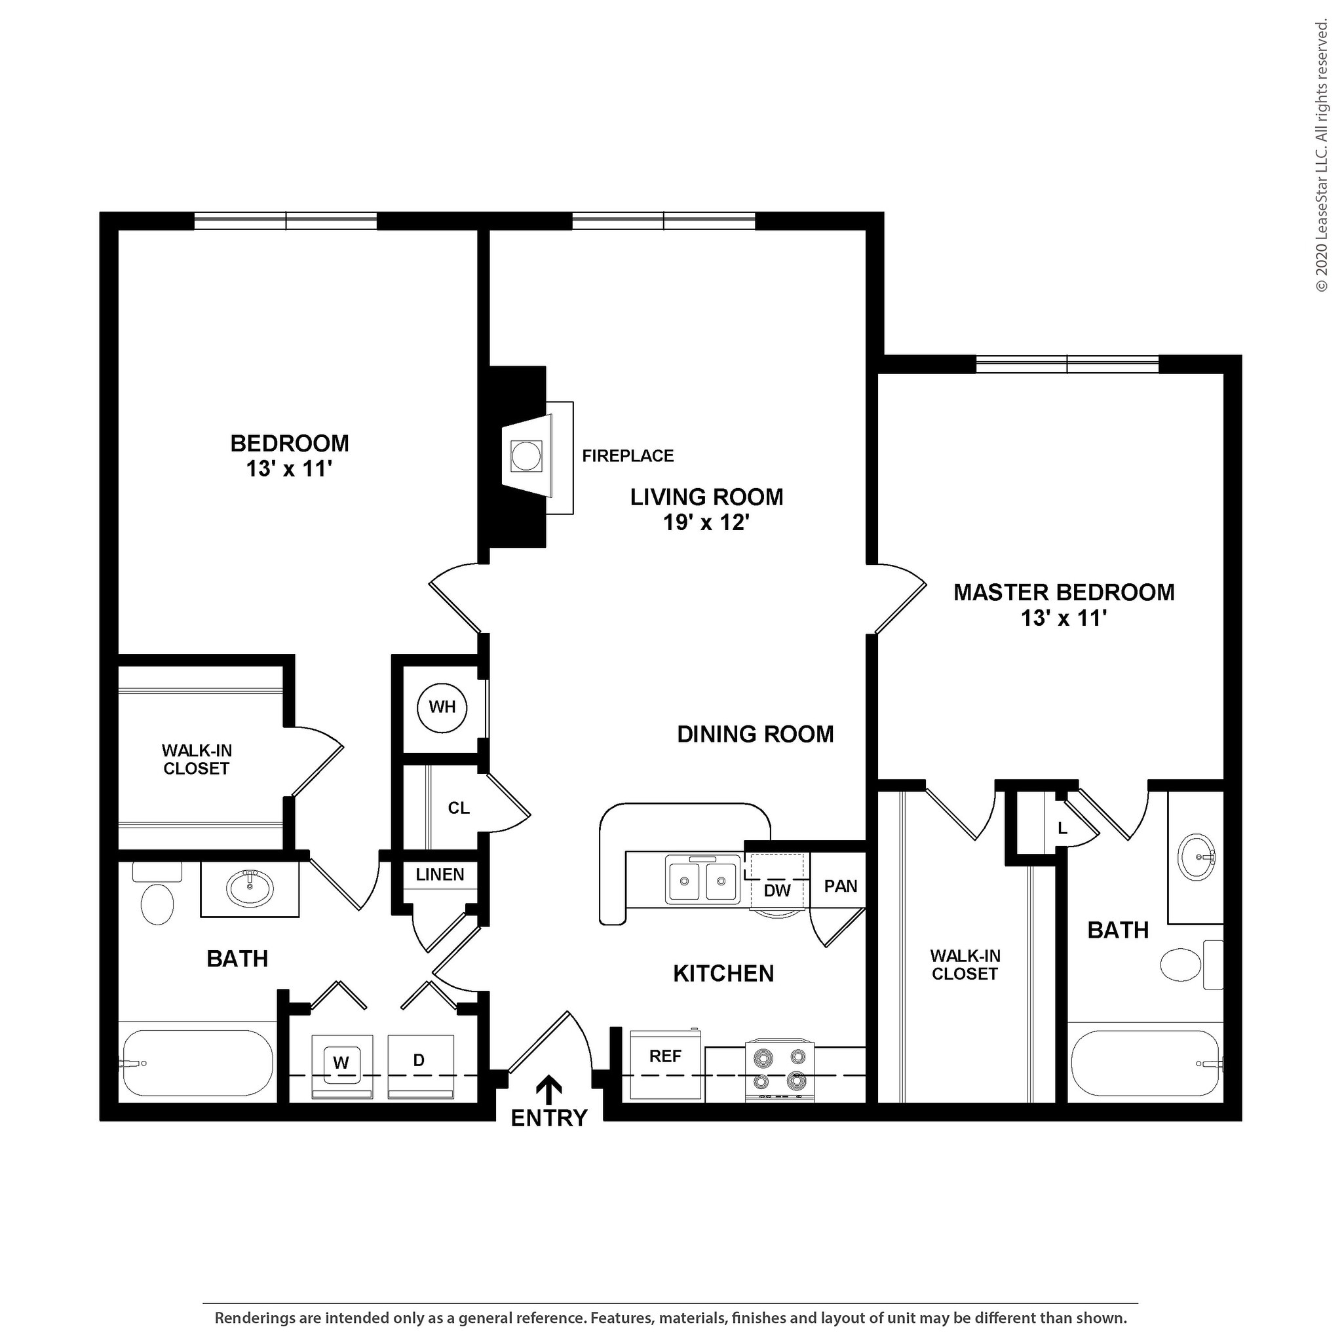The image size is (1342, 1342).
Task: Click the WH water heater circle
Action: [442, 707]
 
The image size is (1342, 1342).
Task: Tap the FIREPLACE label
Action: [627, 455]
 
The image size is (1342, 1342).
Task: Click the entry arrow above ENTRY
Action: [548, 1089]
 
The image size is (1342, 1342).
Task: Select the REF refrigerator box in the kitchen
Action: [664, 1064]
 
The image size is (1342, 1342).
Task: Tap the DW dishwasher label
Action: [776, 891]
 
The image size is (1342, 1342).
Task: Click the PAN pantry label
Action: [841, 886]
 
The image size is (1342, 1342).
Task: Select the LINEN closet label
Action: [440, 875]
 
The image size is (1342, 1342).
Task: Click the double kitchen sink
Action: [702, 880]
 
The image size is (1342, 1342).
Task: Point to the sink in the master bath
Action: [1196, 857]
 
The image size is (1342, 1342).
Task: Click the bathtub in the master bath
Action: [1144, 1064]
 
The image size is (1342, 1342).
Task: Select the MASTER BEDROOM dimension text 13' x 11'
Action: [1063, 617]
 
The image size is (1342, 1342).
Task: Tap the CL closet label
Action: [459, 808]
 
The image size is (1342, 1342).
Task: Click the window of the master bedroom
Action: [1067, 364]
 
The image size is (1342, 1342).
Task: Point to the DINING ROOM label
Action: [755, 734]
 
